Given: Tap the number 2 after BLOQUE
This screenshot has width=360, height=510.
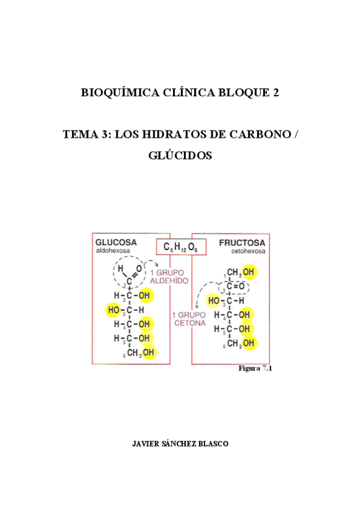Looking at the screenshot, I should coord(276,93).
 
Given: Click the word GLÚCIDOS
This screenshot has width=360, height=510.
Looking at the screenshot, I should coord(180,155).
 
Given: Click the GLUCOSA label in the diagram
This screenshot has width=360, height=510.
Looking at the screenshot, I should coord(116,242).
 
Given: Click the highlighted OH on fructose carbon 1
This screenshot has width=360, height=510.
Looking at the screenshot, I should coord(248,272).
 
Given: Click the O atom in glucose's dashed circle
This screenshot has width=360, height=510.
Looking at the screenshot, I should coord(139,268).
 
